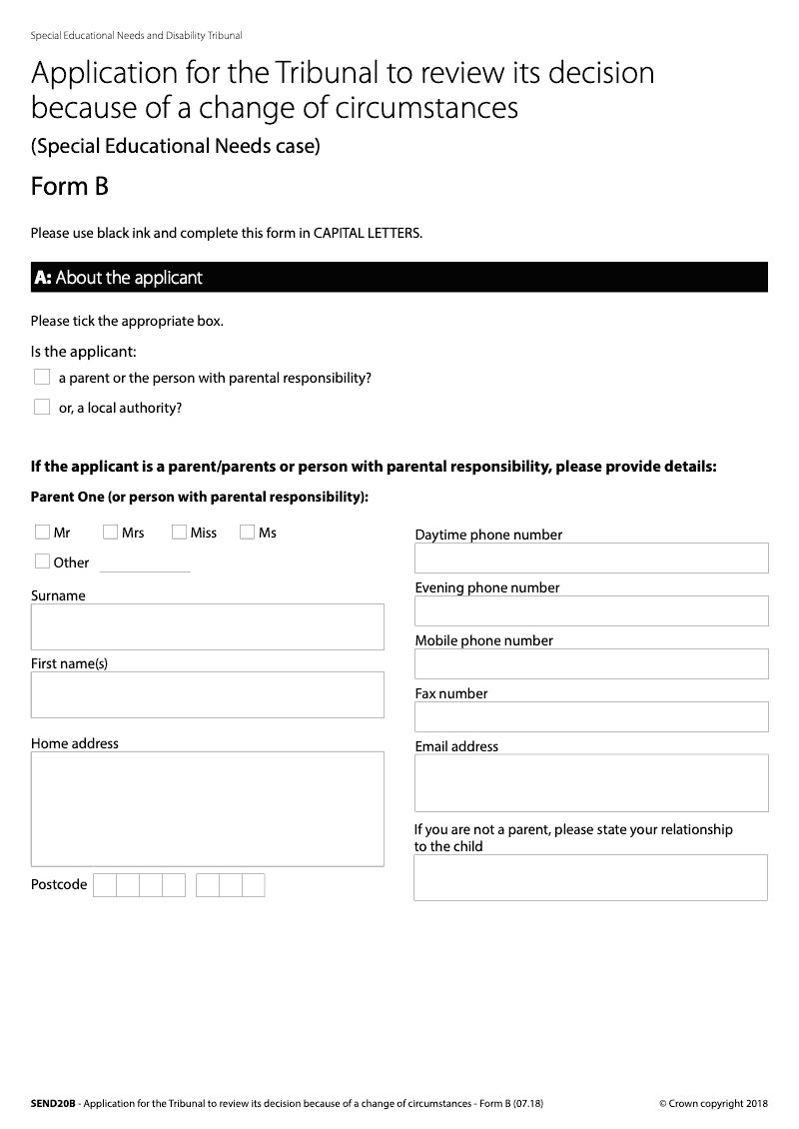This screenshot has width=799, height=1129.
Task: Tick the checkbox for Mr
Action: [42, 533]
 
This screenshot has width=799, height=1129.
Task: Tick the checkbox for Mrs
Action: [110, 533]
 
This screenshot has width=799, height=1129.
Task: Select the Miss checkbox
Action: [179, 533]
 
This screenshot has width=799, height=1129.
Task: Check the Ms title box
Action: [247, 533]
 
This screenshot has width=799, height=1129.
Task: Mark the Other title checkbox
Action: [42, 562]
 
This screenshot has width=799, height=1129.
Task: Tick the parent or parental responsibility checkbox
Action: [42, 378]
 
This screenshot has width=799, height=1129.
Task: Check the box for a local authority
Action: [42, 407]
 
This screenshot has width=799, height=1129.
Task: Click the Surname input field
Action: [207, 626]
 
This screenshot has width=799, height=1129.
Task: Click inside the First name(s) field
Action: [207, 694]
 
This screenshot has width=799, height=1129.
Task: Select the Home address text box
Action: [207, 808]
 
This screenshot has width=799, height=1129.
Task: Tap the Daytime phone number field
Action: [591, 558]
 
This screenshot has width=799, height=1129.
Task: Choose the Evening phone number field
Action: [591, 610]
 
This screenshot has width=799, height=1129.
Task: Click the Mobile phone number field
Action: [591, 663]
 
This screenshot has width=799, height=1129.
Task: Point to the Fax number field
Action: [591, 716]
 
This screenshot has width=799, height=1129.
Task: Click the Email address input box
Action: [591, 782]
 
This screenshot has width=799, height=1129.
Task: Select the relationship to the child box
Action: [591, 877]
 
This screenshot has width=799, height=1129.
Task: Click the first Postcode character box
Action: [105, 885]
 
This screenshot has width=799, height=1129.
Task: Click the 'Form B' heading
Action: [70, 187]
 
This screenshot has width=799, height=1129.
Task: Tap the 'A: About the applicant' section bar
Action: [399, 278]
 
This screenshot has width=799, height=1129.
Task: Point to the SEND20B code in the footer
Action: [53, 1103]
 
